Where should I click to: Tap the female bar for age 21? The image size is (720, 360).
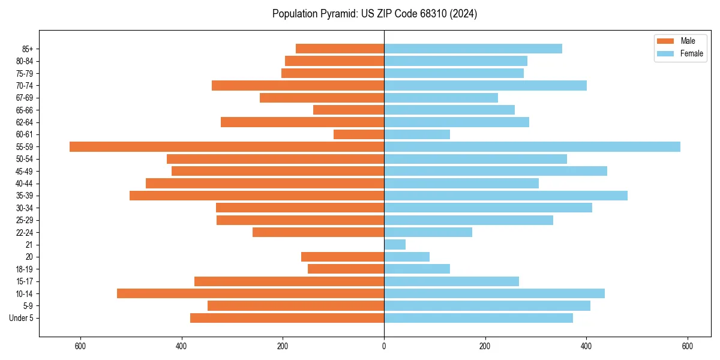click(395, 244)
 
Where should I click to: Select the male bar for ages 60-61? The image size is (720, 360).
click(359, 134)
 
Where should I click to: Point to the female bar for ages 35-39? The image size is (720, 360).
click(506, 196)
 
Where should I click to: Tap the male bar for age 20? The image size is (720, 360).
click(343, 257)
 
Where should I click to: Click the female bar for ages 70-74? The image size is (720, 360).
click(485, 85)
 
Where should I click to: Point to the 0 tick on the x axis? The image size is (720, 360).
click(384, 346)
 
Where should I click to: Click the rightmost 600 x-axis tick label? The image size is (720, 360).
click(688, 346)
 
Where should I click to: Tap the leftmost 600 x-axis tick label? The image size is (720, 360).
click(80, 346)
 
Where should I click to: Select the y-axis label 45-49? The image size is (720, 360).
click(25, 171)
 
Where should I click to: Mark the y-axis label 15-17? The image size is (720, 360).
click(25, 281)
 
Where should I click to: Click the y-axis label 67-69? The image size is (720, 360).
click(25, 98)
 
